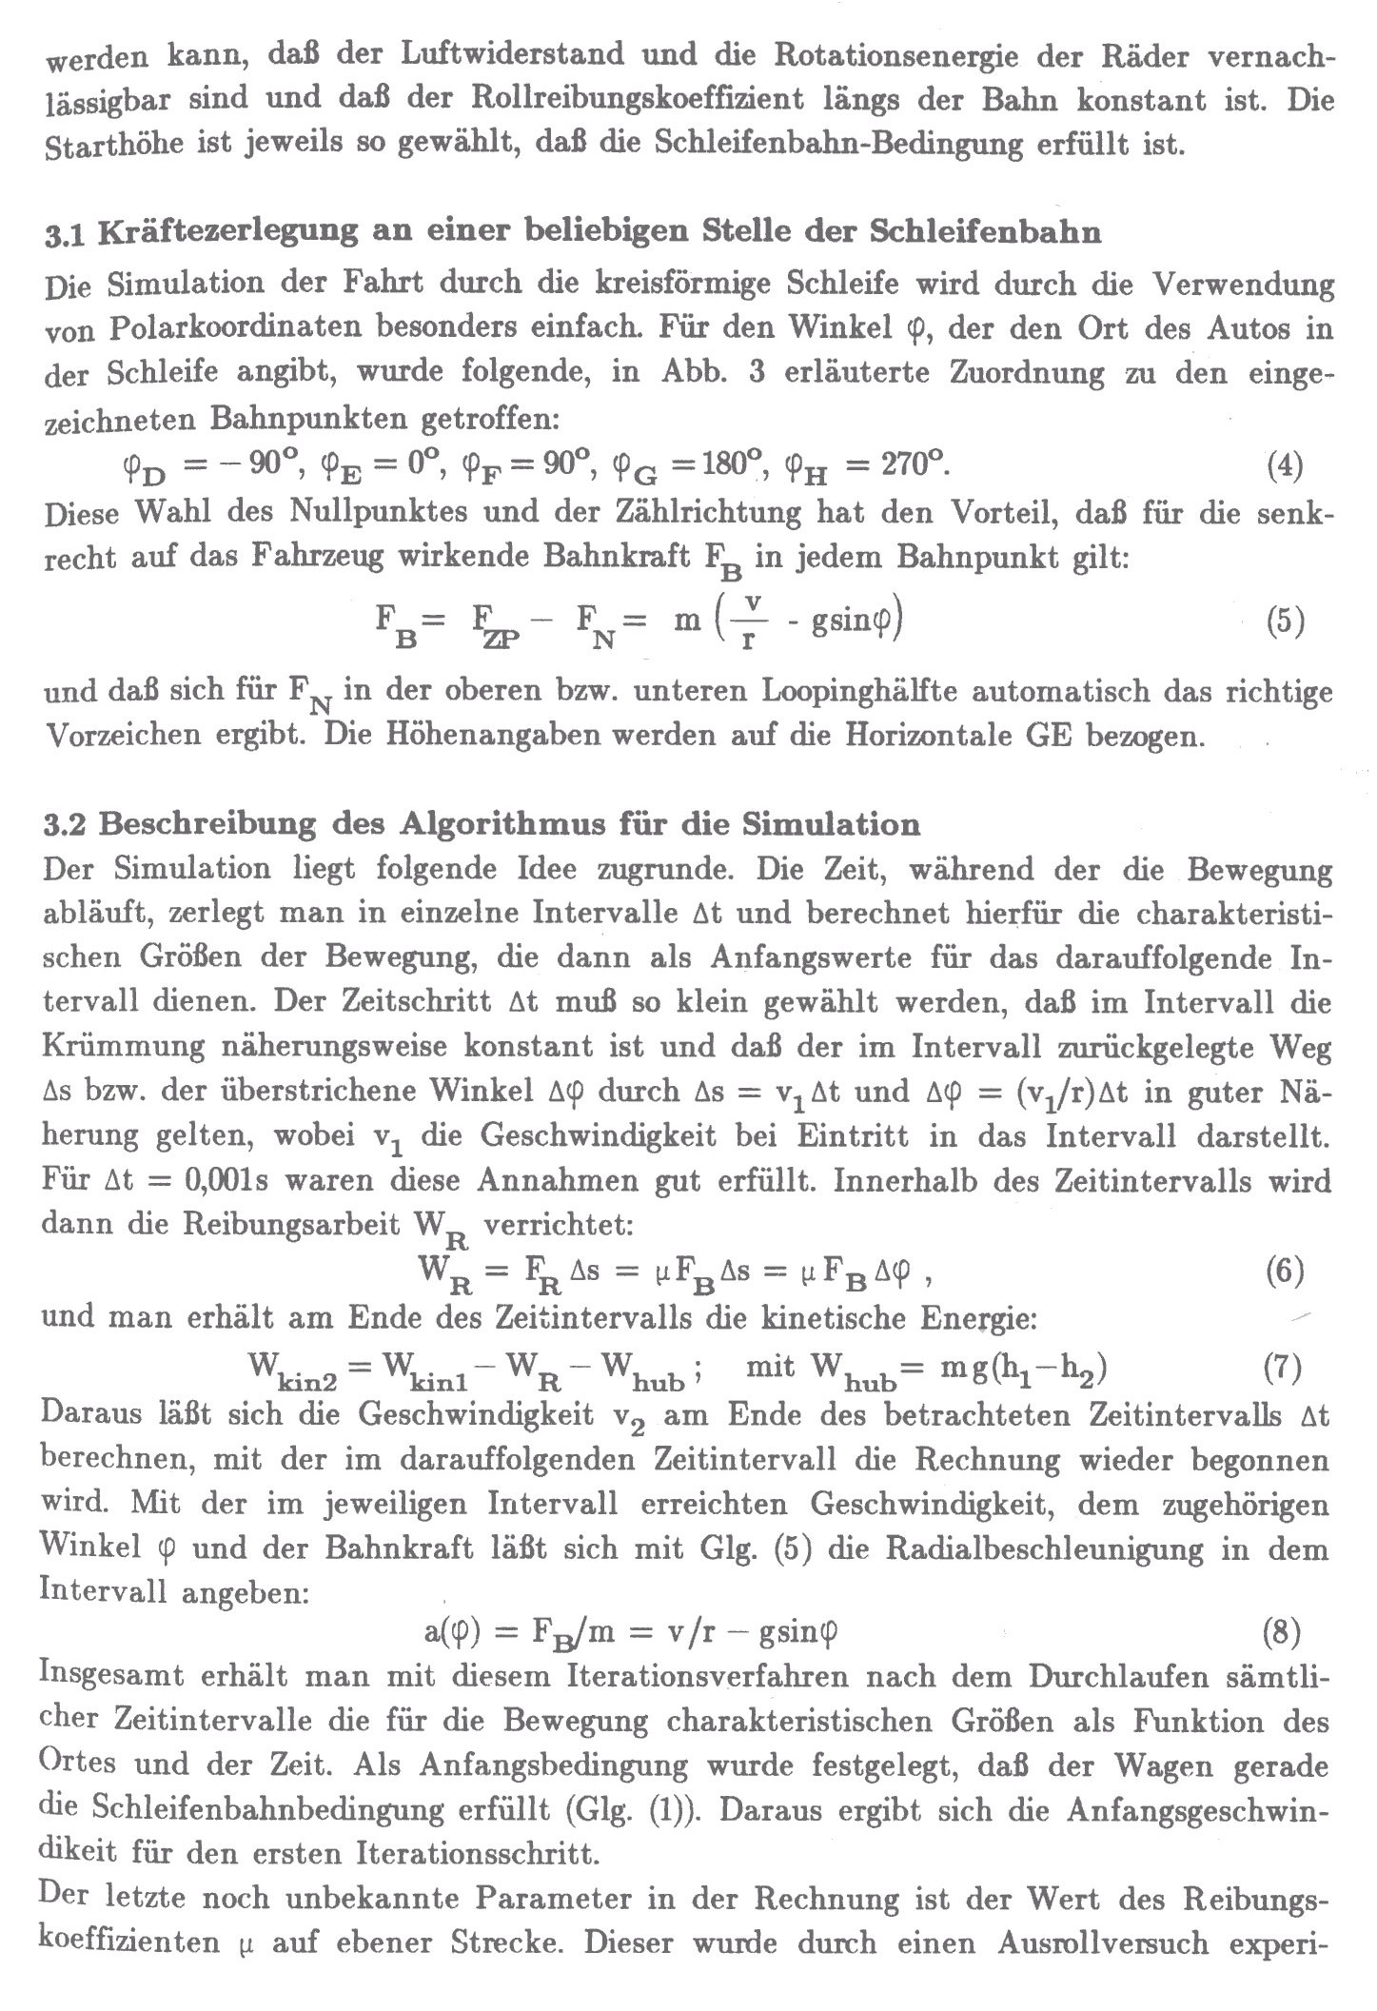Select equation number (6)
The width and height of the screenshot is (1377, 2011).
(1284, 1272)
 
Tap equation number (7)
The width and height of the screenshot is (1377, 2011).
(1281, 1369)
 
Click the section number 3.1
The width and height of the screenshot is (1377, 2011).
(66, 233)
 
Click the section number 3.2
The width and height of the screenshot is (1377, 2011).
(66, 824)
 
